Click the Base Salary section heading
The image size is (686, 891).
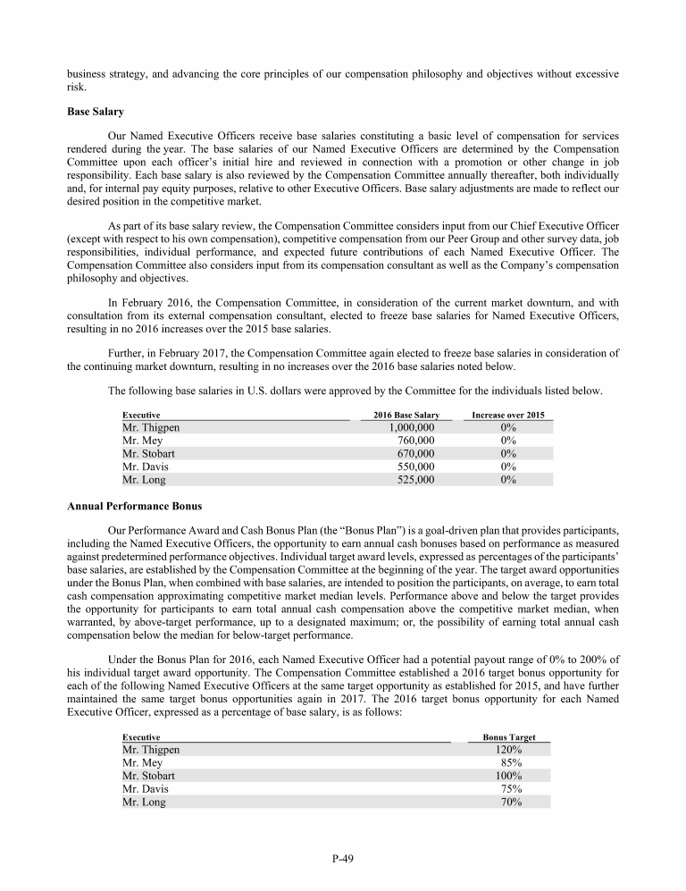click(96, 113)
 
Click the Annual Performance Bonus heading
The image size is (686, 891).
click(134, 506)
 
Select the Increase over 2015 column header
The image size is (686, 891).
click(507, 416)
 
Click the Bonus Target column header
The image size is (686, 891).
click(508, 737)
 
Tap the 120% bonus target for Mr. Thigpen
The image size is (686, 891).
click(508, 750)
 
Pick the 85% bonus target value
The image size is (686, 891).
click(512, 763)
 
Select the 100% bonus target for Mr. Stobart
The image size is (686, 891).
click(508, 777)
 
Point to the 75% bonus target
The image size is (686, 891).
click(512, 789)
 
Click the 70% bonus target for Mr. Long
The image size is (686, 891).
click(512, 803)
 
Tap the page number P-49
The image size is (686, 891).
click(343, 859)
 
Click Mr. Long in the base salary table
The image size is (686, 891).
click(143, 480)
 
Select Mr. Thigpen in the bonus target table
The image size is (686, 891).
click(150, 750)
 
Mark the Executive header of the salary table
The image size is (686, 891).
click(141, 416)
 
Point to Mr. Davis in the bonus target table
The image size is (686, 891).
click(145, 789)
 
